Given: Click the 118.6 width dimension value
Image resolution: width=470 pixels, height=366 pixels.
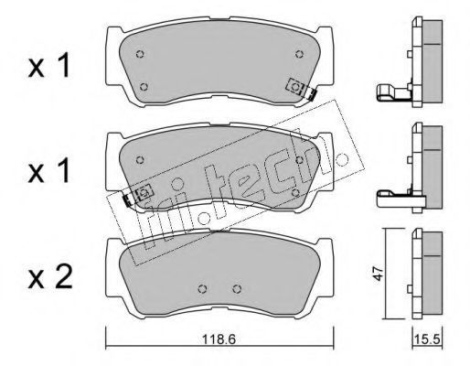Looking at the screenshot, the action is (x=219, y=339).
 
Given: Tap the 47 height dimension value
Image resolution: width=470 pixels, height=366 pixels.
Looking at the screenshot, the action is (x=378, y=273).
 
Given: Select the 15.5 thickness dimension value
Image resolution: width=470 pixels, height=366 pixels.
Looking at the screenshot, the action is (x=427, y=339).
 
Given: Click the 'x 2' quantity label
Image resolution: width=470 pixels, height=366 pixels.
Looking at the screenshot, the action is (x=50, y=276).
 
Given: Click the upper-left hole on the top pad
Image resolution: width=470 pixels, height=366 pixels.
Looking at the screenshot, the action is (x=140, y=54).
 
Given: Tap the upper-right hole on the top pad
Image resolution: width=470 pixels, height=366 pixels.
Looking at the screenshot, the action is (x=299, y=54).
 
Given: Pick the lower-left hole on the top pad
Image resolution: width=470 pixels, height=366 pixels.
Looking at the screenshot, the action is (x=144, y=87).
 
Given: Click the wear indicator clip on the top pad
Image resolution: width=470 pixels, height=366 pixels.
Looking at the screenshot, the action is (x=301, y=90).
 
